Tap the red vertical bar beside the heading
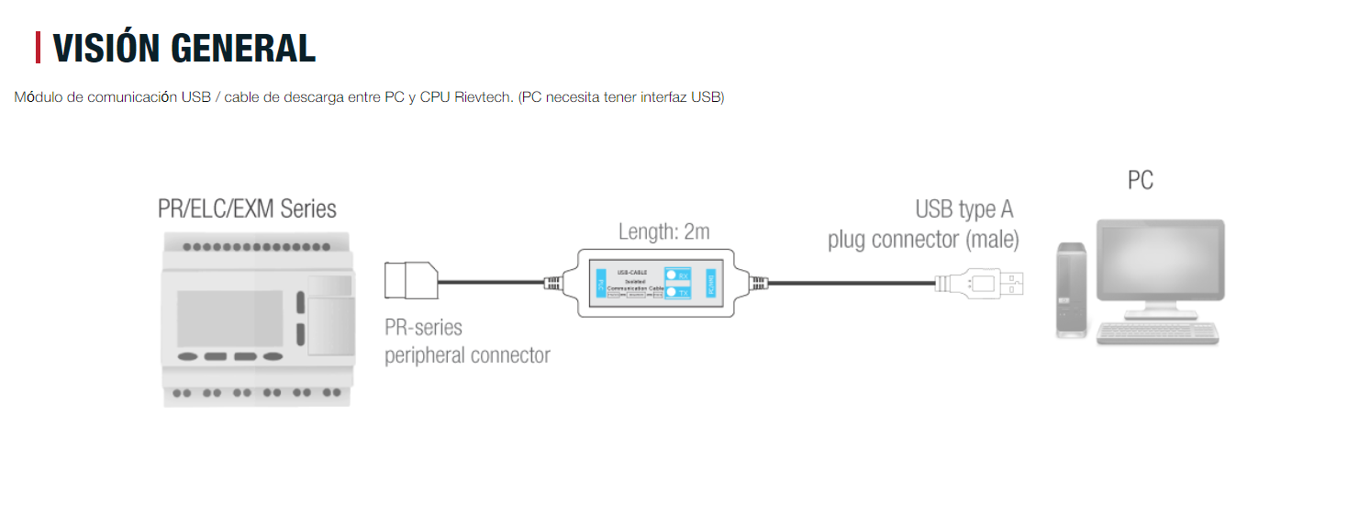(39, 48)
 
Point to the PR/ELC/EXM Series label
(247, 209)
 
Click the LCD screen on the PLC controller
(230, 318)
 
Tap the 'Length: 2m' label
(663, 232)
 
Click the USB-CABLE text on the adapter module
(633, 272)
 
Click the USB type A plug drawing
(982, 283)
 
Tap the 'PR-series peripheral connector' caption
(467, 342)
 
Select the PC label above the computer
(1140, 181)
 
